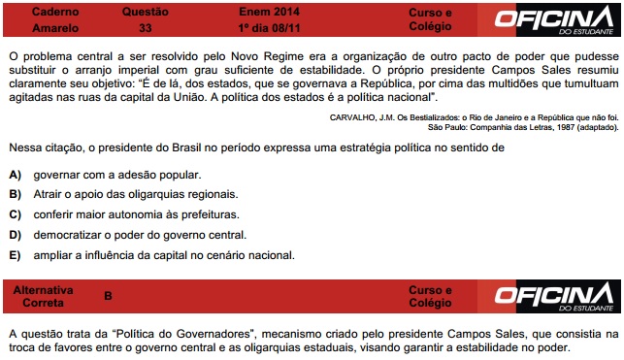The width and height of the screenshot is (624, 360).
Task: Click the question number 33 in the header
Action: coord(146,26)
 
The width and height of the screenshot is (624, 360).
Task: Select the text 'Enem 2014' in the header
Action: coord(254,11)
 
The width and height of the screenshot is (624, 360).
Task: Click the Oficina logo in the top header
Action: coord(552,19)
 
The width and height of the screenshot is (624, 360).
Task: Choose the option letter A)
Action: coord(16,175)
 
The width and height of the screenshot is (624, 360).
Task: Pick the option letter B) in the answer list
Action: coord(16,195)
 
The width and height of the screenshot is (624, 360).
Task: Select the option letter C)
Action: coord(16,214)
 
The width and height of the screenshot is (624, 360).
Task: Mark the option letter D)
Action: coord(16,235)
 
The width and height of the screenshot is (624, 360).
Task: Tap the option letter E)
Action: coord(16,255)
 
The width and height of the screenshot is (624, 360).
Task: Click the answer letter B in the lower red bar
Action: coord(108,296)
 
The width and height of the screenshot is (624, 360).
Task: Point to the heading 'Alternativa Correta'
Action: coord(48,296)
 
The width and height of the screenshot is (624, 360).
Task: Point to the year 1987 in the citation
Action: coord(541,127)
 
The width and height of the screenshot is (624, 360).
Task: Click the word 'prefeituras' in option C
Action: coord(206,214)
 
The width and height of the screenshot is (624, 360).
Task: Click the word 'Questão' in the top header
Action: coord(146,11)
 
